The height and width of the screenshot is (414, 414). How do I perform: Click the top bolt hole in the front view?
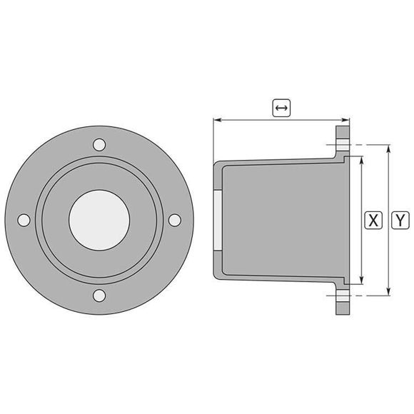point(100,145)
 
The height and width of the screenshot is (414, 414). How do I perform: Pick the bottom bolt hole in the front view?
point(100,296)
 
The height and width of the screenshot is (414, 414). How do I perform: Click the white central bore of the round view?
point(100,221)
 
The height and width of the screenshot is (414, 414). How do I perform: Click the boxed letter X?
point(372,220)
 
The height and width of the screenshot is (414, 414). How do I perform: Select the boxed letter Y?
point(401,220)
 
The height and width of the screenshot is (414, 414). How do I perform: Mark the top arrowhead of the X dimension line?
point(363,160)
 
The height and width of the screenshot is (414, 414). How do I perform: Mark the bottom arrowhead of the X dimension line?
point(363,279)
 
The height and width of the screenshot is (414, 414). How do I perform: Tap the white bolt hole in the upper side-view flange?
point(343,146)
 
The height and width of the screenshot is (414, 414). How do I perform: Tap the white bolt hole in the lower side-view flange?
point(343,293)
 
